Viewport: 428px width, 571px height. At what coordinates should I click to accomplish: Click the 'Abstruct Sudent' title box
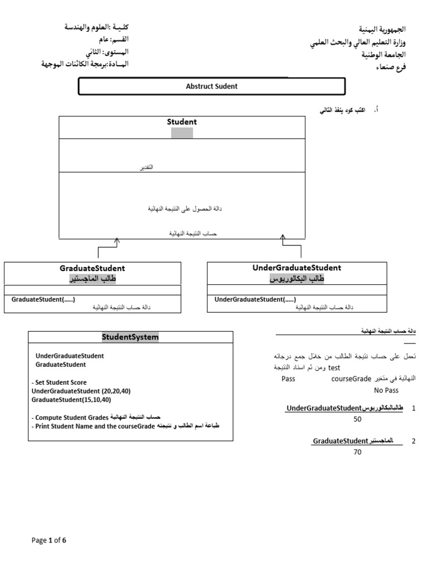(212, 86)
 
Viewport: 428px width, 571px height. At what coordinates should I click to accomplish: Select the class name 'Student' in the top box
(182, 122)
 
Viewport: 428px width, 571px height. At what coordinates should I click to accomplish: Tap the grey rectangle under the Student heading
(182, 133)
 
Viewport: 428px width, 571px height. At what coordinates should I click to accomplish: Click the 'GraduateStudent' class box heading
(92, 268)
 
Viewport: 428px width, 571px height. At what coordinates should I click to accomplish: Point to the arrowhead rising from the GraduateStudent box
(116, 240)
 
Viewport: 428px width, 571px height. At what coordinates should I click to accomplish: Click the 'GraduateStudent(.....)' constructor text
(43, 299)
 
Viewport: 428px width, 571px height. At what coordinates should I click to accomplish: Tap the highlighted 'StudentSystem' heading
(130, 337)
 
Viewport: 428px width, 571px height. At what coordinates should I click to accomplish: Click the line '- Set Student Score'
(59, 383)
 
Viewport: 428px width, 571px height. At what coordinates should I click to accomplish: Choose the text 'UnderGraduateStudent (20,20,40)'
(81, 391)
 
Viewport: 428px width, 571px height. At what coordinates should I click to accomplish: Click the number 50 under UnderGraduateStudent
(358, 419)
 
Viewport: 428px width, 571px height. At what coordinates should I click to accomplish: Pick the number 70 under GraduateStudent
(358, 452)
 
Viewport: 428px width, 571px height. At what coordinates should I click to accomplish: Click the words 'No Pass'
(386, 390)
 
